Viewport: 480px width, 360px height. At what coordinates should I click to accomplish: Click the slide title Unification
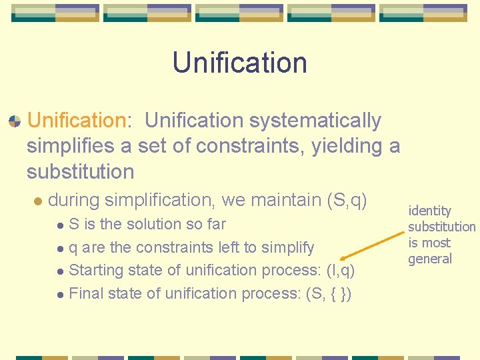click(239, 63)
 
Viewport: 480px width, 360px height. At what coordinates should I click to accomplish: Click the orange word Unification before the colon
click(76, 121)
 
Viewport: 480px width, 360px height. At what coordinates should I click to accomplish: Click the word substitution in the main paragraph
click(80, 171)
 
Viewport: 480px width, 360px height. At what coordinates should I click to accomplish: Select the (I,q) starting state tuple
click(341, 270)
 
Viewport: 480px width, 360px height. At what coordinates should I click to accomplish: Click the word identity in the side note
click(429, 211)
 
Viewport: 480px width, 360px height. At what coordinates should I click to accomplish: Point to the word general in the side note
click(430, 259)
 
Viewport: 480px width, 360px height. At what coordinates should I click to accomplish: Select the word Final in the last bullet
click(85, 293)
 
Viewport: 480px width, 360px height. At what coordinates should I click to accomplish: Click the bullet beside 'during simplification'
click(38, 200)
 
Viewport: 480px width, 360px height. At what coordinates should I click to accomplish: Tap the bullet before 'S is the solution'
click(60, 225)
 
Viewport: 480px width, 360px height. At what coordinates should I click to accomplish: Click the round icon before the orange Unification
click(14, 121)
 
